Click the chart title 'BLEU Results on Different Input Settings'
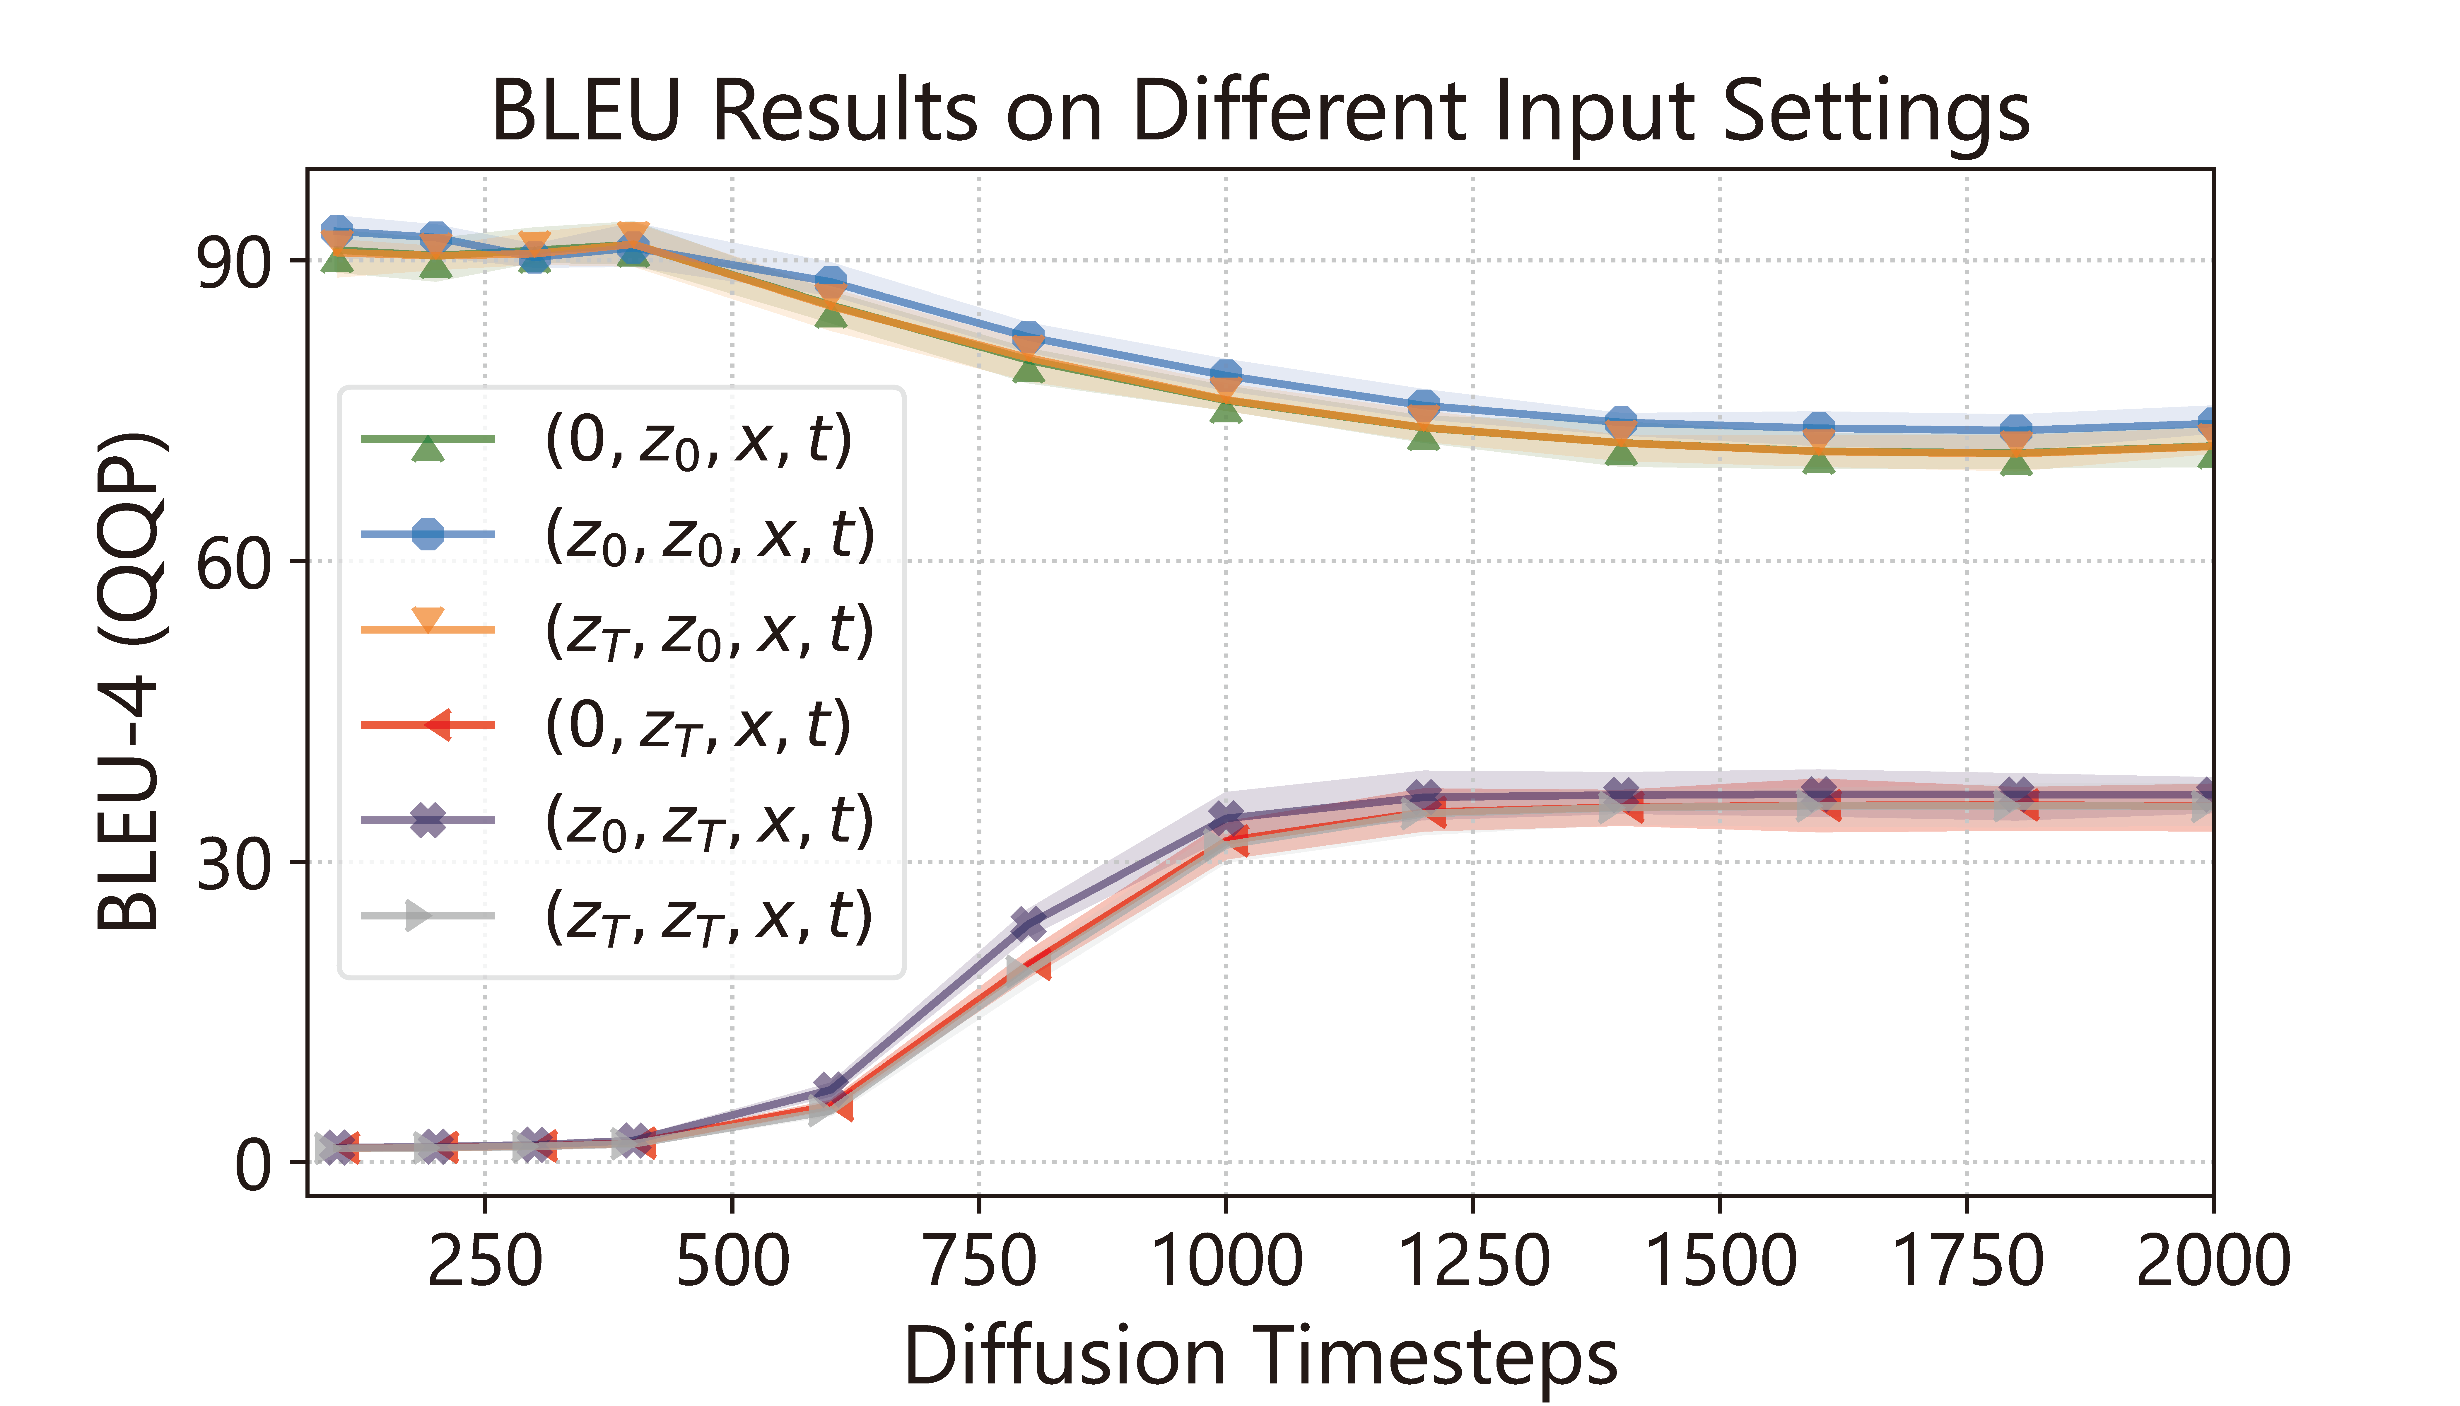pos(1260,112)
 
